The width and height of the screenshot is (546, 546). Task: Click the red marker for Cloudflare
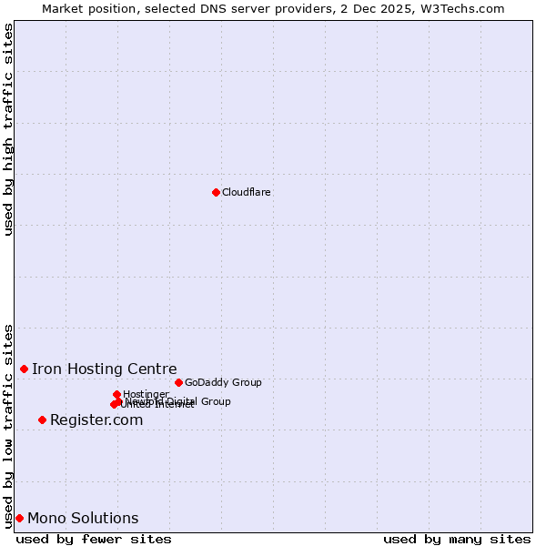tap(216, 192)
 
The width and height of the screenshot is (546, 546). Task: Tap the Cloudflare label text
tap(247, 193)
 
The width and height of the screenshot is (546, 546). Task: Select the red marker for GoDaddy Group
tap(178, 382)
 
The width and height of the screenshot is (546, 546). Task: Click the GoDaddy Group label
tap(223, 383)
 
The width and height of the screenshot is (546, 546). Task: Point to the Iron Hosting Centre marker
tap(25, 369)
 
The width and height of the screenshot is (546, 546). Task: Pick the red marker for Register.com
tap(42, 420)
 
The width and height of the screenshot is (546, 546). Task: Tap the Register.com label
tap(96, 420)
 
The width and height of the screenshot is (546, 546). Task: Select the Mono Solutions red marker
tap(19, 518)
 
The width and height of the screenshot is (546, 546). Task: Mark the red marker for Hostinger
tap(117, 394)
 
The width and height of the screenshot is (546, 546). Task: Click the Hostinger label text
tap(146, 395)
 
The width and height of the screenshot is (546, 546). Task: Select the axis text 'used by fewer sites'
tap(94, 539)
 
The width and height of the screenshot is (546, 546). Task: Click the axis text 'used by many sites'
tap(457, 539)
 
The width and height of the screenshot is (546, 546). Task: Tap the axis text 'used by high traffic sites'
tap(8, 129)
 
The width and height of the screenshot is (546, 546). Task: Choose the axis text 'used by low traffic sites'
tap(8, 425)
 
